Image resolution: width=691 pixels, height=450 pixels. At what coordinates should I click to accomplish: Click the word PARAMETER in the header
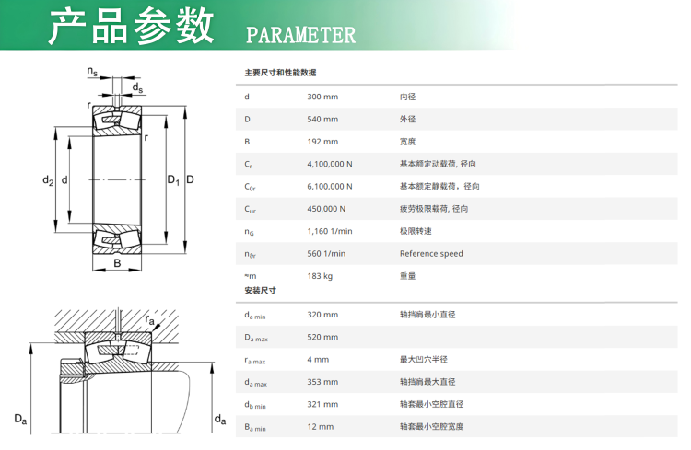tap(300, 35)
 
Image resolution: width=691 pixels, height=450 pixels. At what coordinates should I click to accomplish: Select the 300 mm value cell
tap(322, 97)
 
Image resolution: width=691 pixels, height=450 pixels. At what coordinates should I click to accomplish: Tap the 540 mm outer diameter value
tap(322, 120)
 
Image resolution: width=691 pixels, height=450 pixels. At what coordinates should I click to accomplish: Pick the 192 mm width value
tap(322, 142)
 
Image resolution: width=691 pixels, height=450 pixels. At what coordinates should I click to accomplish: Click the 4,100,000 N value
tap(330, 164)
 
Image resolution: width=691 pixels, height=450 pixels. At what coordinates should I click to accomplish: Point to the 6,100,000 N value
tap(330, 187)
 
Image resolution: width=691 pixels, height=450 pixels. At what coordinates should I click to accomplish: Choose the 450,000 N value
tap(326, 209)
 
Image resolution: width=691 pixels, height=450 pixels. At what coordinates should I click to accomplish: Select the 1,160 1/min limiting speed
tap(330, 232)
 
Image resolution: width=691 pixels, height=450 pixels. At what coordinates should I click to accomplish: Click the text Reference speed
tap(431, 254)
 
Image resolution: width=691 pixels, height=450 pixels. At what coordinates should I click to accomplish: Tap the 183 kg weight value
tap(320, 276)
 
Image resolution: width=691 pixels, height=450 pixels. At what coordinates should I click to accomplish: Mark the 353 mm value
tap(322, 382)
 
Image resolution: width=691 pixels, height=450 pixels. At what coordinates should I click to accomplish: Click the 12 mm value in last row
tap(321, 427)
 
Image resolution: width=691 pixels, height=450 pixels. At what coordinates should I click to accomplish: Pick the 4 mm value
tap(318, 360)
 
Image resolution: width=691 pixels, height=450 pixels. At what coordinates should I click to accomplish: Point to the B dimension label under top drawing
tap(117, 263)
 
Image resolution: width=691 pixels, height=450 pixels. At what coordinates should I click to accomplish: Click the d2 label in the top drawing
tap(48, 180)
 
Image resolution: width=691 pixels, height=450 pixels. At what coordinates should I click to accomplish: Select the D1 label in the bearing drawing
tap(173, 179)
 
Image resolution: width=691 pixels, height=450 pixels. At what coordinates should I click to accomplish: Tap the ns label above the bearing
tap(92, 72)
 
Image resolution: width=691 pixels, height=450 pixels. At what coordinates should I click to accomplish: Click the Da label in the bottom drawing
tap(20, 419)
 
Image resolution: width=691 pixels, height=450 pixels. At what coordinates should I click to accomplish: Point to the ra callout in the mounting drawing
tap(150, 319)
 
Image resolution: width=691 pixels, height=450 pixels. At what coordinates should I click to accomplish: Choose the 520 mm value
tap(322, 338)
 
